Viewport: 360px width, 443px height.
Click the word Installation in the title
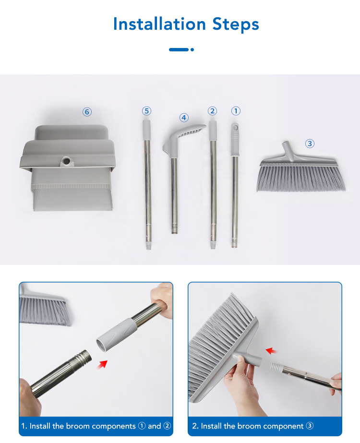(159, 24)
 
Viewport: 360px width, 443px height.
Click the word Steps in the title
(236, 24)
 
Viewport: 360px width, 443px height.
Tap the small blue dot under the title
(192, 50)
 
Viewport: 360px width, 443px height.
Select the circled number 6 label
(87, 112)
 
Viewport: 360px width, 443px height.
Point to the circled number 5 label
(146, 111)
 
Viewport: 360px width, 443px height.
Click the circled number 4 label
(184, 118)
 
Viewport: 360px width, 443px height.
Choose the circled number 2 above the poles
(212, 111)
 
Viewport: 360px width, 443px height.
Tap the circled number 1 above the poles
(236, 111)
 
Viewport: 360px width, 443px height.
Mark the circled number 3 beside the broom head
(310, 144)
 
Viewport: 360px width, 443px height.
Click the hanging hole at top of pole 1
(235, 127)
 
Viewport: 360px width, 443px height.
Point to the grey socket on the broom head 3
(288, 151)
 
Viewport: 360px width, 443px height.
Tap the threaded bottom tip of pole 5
(148, 246)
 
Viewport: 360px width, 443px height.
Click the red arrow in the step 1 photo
(102, 364)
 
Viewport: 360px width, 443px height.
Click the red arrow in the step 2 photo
(271, 351)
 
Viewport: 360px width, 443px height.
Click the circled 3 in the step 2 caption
(310, 426)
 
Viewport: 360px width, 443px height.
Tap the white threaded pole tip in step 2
(277, 367)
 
